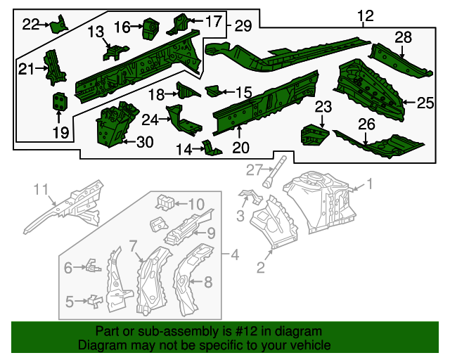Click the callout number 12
(x=365, y=15)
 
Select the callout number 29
(x=243, y=26)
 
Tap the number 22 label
(x=31, y=25)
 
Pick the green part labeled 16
(x=149, y=27)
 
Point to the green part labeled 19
(x=60, y=101)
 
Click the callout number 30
(x=143, y=142)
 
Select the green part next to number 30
(x=112, y=127)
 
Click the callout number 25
(x=425, y=103)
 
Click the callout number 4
(x=235, y=254)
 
